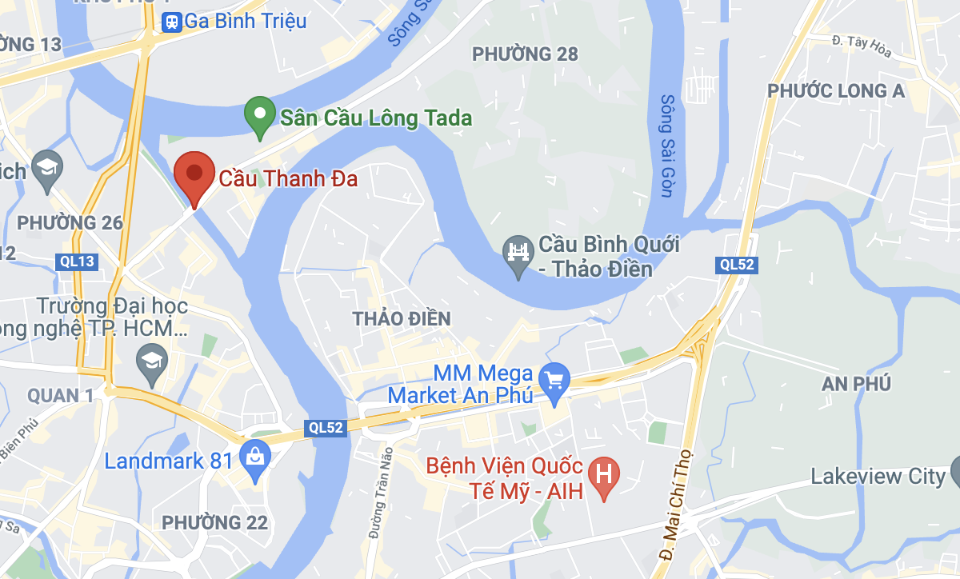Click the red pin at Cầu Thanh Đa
(194, 173)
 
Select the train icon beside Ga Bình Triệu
(171, 22)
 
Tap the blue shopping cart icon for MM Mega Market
(554, 378)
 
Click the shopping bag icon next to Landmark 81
(255, 458)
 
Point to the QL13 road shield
(77, 262)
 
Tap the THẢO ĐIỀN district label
(402, 318)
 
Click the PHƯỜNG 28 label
(525, 54)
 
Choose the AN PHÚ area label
(856, 384)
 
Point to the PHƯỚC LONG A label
(836, 91)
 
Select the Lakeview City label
(878, 477)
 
